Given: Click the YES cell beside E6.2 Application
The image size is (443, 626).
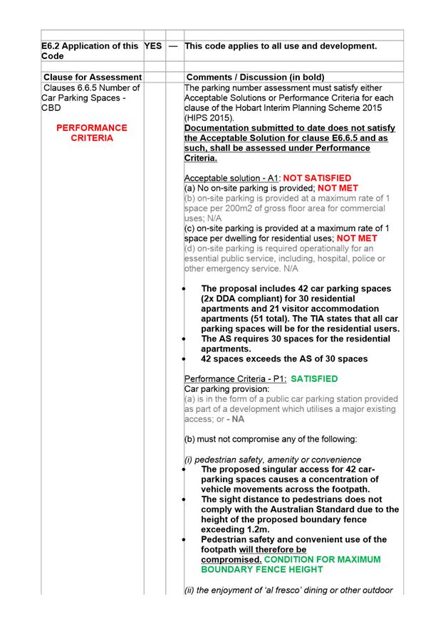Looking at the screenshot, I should (x=153, y=46).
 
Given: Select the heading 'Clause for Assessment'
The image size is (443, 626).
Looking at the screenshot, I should (x=92, y=77).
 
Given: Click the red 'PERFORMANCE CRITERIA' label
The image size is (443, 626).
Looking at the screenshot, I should (x=92, y=133).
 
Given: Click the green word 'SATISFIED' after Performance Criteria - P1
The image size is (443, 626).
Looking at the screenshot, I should (x=315, y=379).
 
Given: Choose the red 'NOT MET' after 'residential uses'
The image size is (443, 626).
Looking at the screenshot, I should (x=357, y=238).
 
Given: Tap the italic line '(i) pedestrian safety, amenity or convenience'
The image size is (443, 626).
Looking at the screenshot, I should (x=273, y=460).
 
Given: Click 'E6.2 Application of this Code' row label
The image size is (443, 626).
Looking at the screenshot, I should (x=90, y=51).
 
